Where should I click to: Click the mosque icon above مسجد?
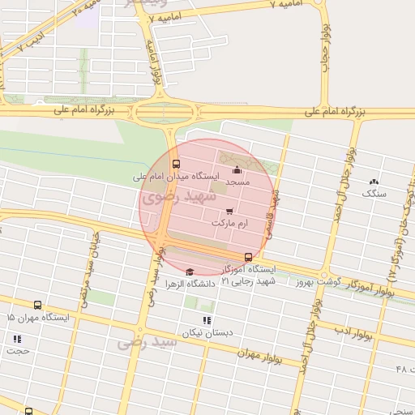[237, 170]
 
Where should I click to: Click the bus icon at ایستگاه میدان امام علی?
[176, 164]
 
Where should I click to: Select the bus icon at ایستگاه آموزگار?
[248, 257]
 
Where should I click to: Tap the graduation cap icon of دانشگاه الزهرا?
[190, 272]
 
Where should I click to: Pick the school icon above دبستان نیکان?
[207, 320]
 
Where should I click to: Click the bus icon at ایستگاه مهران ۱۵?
[38, 306]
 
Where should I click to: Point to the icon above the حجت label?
[17, 339]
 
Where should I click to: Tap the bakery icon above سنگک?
[374, 182]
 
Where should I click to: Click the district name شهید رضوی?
[178, 197]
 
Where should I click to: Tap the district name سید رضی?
[147, 343]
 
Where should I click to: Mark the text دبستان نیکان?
[206, 332]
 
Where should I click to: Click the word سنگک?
[374, 195]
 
